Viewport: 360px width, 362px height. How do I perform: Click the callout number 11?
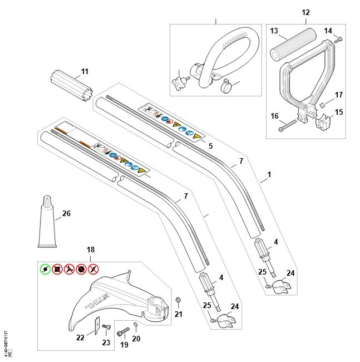[x=85, y=71]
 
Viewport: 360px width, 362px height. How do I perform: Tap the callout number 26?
[x=67, y=213]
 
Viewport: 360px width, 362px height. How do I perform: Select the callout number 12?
[x=305, y=12]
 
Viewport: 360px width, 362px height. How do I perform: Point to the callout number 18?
[x=91, y=251]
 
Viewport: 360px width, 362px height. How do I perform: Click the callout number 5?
[x=210, y=146]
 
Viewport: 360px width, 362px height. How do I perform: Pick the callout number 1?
[x=269, y=174]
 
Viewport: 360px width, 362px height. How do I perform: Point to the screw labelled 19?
[x=124, y=333]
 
